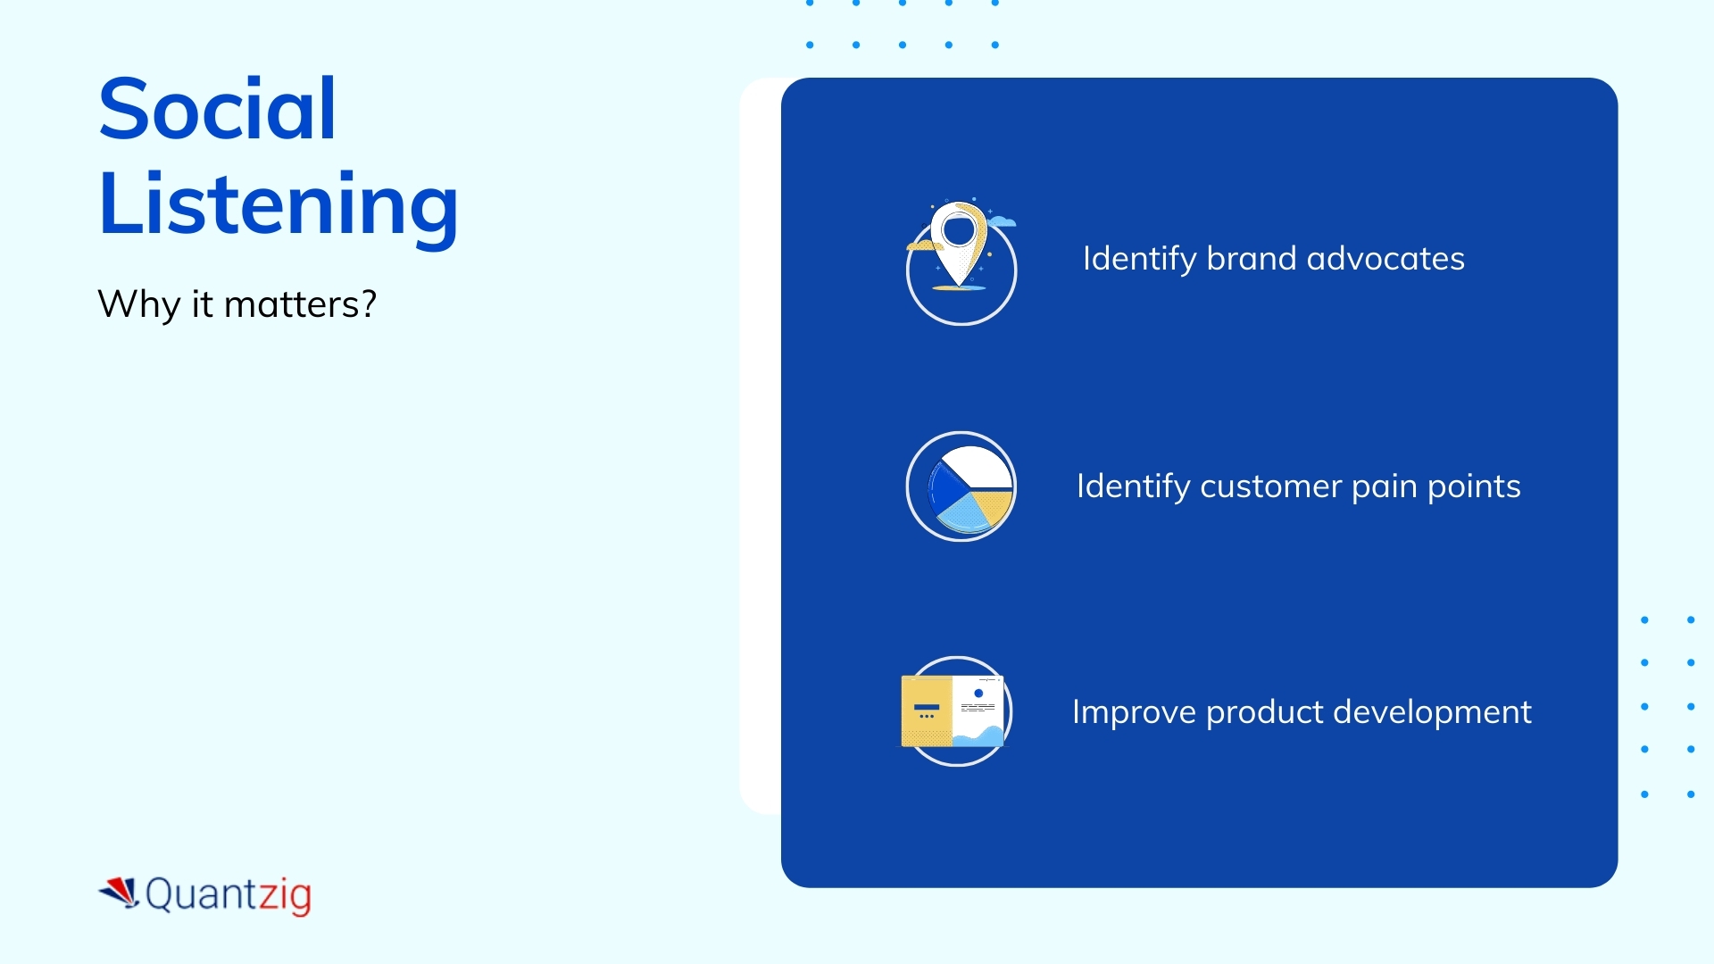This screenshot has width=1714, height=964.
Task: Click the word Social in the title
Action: pyautogui.click(x=217, y=109)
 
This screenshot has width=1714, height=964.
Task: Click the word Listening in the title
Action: pyautogui.click(x=278, y=204)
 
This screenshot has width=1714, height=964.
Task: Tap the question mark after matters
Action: pyautogui.click(x=369, y=303)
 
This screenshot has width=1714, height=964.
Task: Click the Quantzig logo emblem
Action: pyautogui.click(x=120, y=892)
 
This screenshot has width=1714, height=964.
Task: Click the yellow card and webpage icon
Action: pyautogui.click(x=953, y=711)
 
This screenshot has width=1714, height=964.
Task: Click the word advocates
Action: pyautogui.click(x=1385, y=259)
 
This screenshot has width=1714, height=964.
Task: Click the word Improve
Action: pyautogui.click(x=1134, y=712)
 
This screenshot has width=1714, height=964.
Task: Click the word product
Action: pyautogui.click(x=1265, y=713)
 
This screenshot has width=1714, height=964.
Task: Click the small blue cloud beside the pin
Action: pyautogui.click(x=1003, y=220)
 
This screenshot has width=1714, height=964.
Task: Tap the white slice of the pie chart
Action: pyautogui.click(x=978, y=467)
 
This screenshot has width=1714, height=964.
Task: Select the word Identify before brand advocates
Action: pyautogui.click(x=1139, y=259)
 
